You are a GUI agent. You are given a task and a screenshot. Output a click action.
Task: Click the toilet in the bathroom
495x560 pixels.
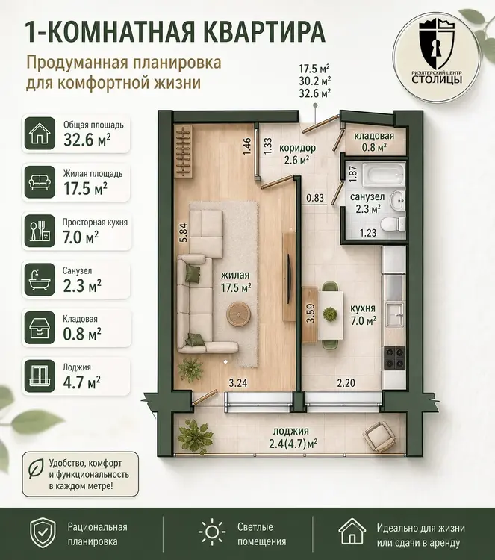click(x=393, y=224)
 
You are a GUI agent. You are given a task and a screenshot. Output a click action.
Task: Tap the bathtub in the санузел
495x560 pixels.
click(x=385, y=175)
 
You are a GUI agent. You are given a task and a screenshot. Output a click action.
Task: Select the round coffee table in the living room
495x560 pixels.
click(x=238, y=314)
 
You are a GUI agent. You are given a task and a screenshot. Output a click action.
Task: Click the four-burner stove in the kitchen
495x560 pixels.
click(x=394, y=358)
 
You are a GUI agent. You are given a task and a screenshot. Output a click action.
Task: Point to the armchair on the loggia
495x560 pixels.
click(x=379, y=436)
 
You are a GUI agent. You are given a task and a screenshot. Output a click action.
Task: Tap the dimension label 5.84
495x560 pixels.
click(x=184, y=232)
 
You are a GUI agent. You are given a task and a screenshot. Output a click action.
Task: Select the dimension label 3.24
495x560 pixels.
click(x=238, y=383)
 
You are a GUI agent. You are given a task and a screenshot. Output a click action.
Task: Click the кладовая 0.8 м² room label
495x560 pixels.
click(x=374, y=141)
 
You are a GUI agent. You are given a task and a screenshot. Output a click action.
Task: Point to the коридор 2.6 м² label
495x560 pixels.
click(x=297, y=153)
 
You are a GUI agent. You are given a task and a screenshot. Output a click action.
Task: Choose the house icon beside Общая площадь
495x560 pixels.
click(x=40, y=133)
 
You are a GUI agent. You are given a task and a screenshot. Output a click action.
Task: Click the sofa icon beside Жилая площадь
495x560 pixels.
click(x=40, y=182)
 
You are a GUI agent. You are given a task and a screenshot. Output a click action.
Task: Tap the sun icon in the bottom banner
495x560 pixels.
click(x=212, y=532)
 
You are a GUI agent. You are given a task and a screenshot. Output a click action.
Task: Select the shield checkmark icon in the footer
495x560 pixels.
click(x=43, y=532)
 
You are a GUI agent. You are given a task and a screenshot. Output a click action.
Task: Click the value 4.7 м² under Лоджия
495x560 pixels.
click(x=82, y=382)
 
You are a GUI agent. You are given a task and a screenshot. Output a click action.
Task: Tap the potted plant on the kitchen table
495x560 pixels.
click(x=330, y=314)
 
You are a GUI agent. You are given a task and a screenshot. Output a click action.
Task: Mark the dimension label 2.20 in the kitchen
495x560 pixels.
click(x=346, y=383)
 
